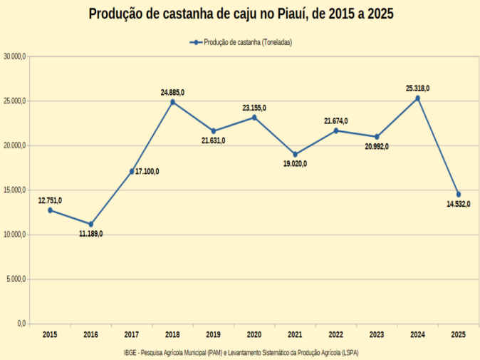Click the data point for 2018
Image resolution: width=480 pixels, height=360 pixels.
172,102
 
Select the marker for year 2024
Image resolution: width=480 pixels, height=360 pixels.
417,98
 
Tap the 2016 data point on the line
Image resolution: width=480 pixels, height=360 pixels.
90,224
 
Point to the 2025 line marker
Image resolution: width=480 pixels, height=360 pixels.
459,195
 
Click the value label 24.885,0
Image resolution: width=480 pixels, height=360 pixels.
172,93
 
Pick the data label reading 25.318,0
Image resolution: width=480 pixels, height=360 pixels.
417,88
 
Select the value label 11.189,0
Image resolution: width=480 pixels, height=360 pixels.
90,234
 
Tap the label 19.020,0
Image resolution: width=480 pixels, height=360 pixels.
295,164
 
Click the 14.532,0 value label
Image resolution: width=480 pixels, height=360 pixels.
459,205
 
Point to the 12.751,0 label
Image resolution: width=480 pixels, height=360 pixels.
50,200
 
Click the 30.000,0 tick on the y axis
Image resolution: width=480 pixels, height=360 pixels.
14,56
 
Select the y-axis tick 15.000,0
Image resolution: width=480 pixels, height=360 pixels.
14,190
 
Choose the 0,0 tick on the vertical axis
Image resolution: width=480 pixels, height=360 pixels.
21,324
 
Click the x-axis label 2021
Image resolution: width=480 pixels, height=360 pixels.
295,334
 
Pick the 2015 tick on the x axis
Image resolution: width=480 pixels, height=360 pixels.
50,334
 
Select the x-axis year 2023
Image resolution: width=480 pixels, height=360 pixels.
377,334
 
